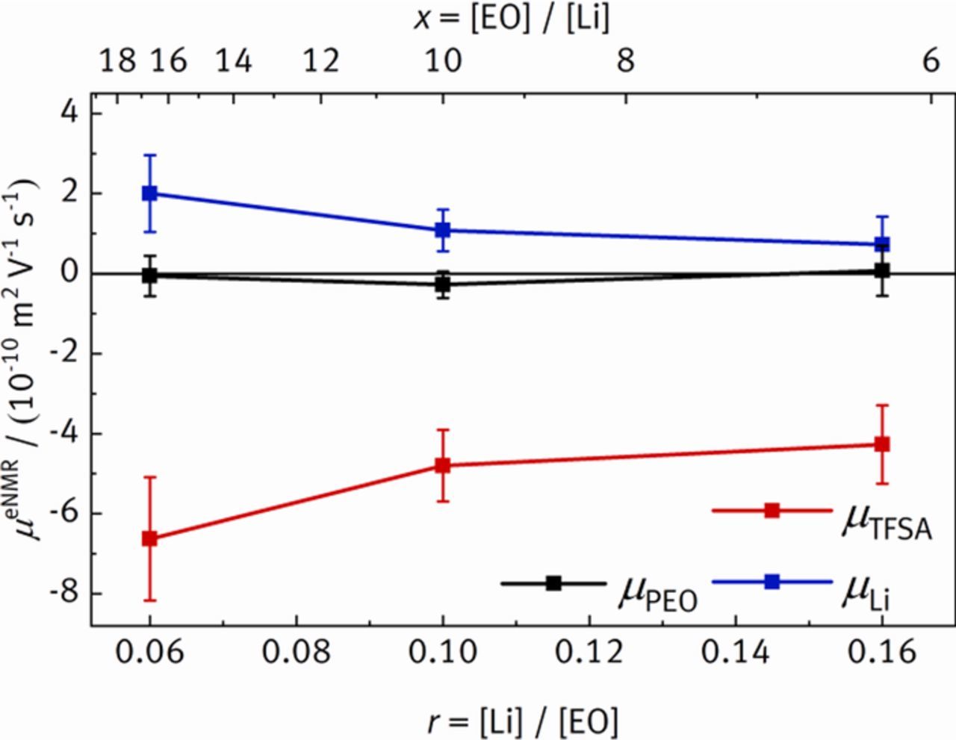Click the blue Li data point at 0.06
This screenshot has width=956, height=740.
(150, 193)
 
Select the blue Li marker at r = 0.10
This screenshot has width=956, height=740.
(443, 230)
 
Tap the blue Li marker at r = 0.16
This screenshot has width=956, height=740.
(882, 244)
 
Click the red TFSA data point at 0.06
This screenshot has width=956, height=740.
(150, 538)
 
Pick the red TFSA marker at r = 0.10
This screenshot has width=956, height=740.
(443, 465)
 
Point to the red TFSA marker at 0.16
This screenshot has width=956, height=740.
(882, 444)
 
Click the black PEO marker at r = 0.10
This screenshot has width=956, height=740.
(443, 285)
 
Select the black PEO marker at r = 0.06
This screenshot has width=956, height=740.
(150, 275)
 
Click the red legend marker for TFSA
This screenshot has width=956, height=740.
(772, 511)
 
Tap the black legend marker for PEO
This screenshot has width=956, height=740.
(553, 583)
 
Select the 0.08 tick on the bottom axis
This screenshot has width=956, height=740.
(297, 653)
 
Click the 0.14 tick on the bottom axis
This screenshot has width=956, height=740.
(736, 653)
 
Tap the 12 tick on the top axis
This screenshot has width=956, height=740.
(321, 60)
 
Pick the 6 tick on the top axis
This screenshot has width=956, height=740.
(931, 60)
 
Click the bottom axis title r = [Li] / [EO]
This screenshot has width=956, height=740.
(524, 721)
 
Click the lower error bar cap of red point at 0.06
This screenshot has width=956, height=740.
(150, 600)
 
